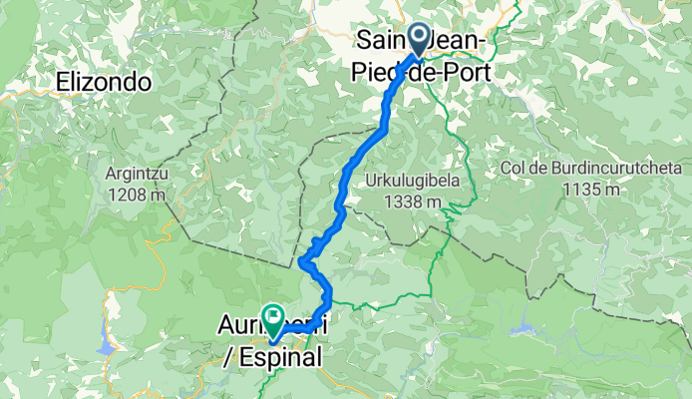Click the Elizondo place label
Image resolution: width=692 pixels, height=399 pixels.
click(x=104, y=82)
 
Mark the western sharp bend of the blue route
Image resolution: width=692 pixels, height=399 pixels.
click(x=301, y=262)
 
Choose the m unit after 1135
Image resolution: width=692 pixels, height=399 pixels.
click(x=612, y=189)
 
